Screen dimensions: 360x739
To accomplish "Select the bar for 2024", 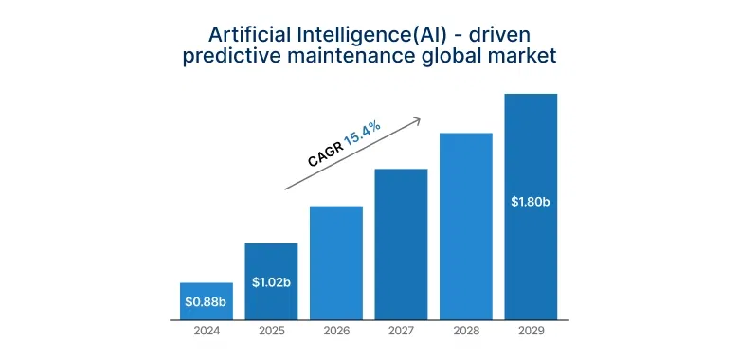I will [207, 301].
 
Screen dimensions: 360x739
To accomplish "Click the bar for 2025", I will [271, 281].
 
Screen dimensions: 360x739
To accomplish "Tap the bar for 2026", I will [336, 262].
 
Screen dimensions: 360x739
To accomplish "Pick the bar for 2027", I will [401, 244].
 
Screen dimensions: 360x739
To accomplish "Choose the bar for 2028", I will [465, 226].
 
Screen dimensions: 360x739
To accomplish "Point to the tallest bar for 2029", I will [531, 207].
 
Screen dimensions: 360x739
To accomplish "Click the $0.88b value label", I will [207, 303].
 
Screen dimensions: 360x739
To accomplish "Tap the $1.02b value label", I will [271, 281].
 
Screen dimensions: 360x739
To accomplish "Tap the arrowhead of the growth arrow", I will [417, 119].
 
